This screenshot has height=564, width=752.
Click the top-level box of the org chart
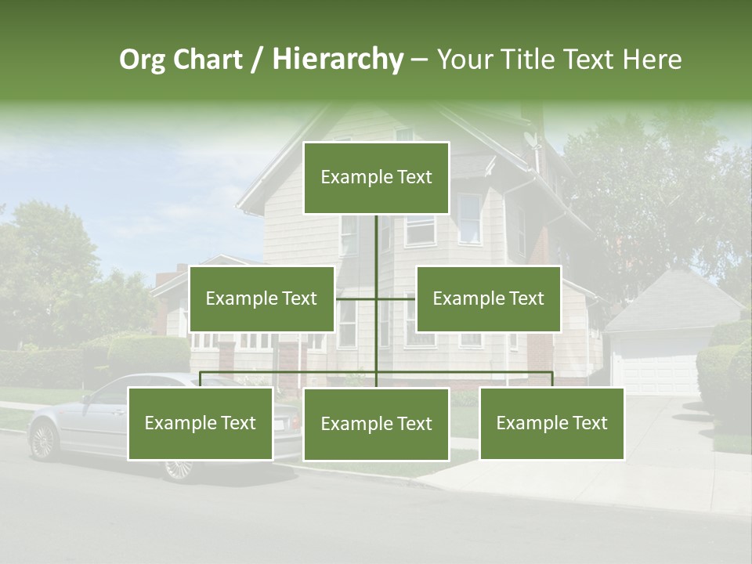[x=376, y=178]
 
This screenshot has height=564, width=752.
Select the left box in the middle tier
[x=262, y=298]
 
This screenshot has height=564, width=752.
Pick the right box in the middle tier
[x=488, y=298]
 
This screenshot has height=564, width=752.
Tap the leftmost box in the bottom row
[x=201, y=423]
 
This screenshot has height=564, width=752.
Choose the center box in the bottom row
[x=376, y=424]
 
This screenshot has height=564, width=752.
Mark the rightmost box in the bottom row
[x=551, y=423]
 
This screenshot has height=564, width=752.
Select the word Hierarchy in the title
[x=338, y=60]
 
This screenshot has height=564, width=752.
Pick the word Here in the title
[x=652, y=60]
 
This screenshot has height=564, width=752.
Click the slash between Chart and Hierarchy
[x=257, y=60]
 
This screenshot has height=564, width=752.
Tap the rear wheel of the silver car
[x=179, y=468]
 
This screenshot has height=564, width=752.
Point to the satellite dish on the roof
[x=531, y=141]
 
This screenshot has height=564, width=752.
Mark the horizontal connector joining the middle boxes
[x=376, y=298]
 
